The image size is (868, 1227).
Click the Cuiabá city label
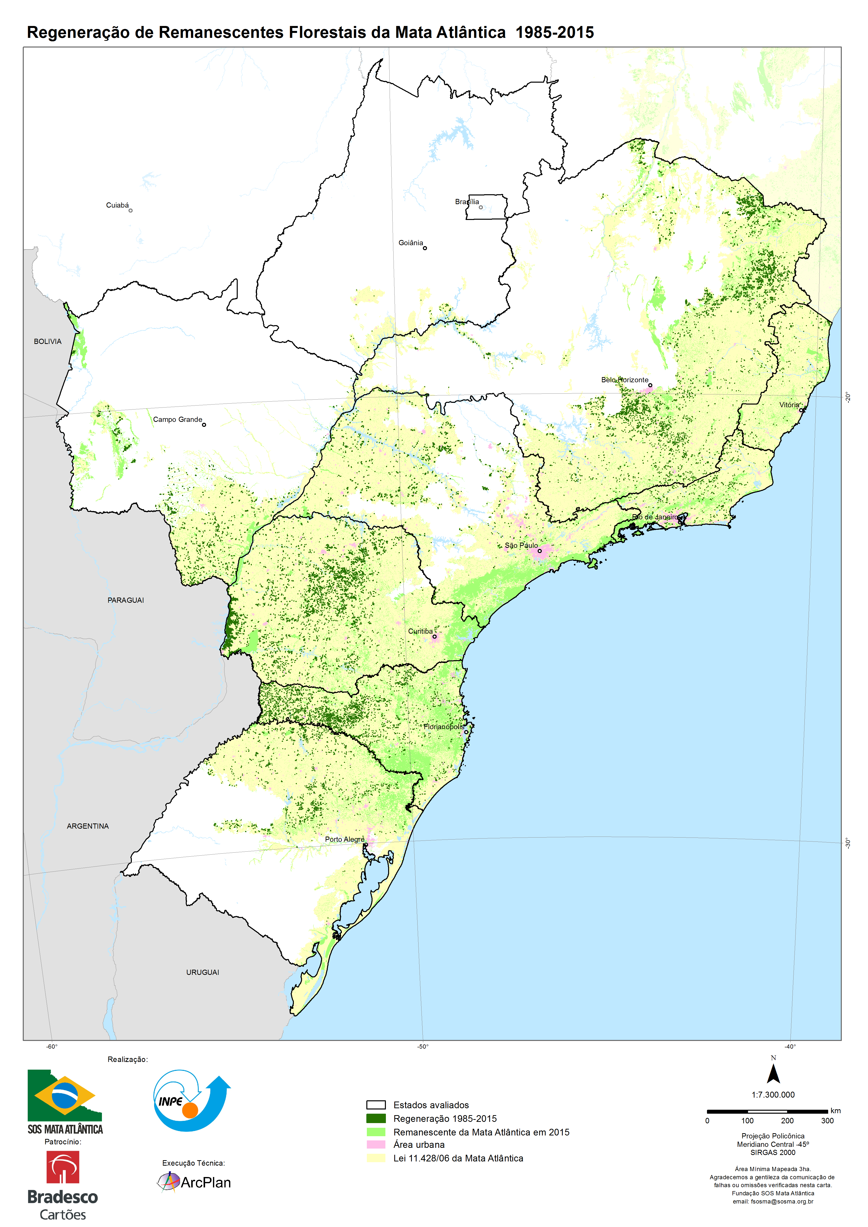tap(117, 205)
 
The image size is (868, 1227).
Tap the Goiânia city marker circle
tap(425, 248)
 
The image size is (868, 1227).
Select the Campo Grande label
tap(177, 420)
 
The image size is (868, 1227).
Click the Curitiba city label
tap(420, 631)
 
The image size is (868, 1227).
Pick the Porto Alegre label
tap(344, 839)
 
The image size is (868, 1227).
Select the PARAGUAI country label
tap(126, 601)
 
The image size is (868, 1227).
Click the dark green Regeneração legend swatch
tap(376, 1118)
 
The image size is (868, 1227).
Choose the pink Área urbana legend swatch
tap(376, 1145)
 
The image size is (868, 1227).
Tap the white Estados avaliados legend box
tap(376, 1105)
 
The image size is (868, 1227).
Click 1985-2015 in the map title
tap(555, 33)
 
